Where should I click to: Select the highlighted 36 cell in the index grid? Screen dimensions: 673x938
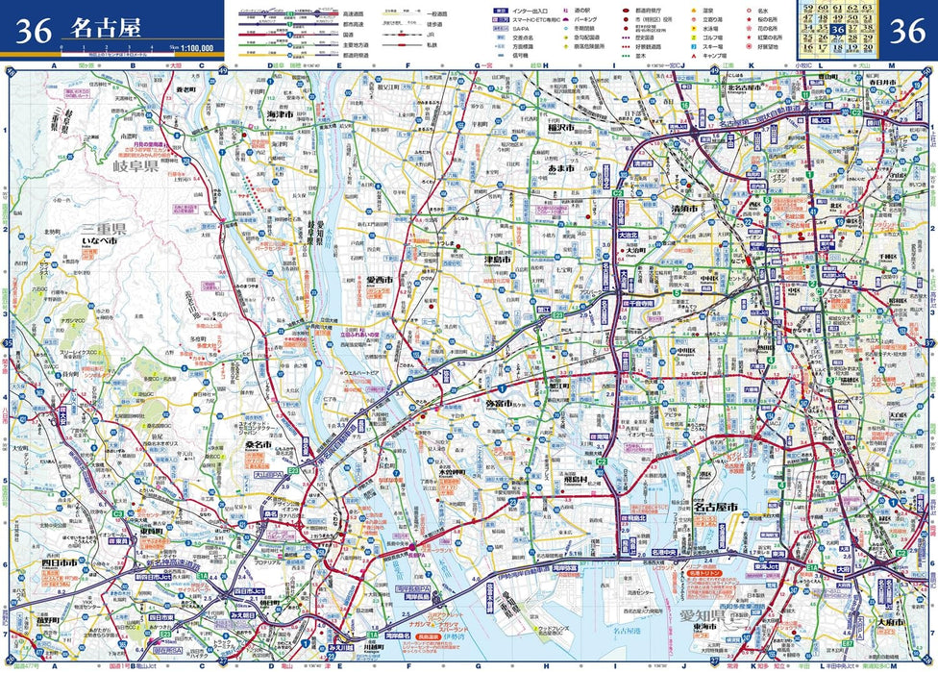(838, 30)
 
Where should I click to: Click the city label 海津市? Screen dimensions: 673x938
(285, 113)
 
